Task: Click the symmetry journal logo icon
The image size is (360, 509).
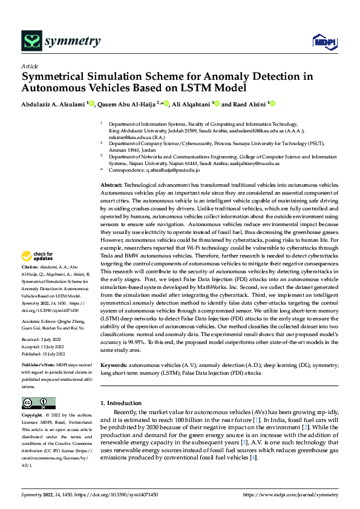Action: [31, 41]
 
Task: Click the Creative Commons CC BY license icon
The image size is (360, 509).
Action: [38, 403]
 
